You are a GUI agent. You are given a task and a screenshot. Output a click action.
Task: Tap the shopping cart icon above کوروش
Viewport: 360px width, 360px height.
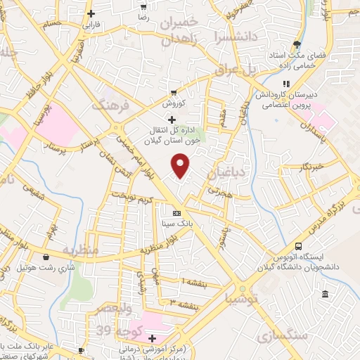click(x=174, y=92)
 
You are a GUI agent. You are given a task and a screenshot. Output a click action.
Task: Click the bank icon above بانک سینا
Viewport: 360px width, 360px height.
click(x=176, y=213)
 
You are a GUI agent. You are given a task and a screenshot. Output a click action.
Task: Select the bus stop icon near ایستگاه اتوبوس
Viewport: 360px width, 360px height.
click(x=299, y=247)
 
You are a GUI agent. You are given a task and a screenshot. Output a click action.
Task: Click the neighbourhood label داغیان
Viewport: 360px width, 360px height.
click(x=226, y=171)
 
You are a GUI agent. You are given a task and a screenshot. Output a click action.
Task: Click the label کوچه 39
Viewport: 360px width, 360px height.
click(x=131, y=330)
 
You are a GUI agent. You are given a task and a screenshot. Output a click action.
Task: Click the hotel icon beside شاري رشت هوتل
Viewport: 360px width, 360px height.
click(x=46, y=257)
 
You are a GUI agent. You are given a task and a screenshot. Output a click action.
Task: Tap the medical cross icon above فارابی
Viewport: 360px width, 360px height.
click(x=91, y=13)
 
